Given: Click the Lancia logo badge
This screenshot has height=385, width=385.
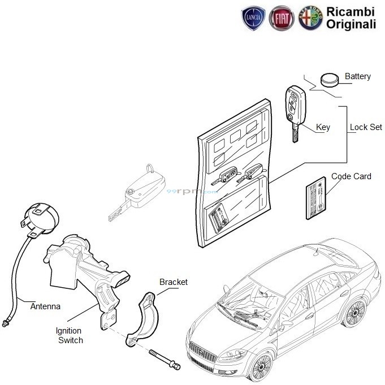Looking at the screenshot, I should click(x=252, y=19).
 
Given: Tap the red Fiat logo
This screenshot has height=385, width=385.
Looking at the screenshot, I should click(x=281, y=19).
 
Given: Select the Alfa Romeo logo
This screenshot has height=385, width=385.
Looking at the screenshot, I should click(x=310, y=19).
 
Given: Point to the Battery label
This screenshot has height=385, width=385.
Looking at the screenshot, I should click(x=357, y=76).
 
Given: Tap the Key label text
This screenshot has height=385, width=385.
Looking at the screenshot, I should click(x=323, y=128).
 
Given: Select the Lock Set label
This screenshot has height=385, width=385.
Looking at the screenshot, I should click(x=366, y=128).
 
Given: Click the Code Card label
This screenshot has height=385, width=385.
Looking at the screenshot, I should click(x=351, y=176).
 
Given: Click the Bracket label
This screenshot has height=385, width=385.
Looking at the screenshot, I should click(x=174, y=282).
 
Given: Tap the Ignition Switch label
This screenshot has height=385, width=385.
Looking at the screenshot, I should click(x=69, y=335).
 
